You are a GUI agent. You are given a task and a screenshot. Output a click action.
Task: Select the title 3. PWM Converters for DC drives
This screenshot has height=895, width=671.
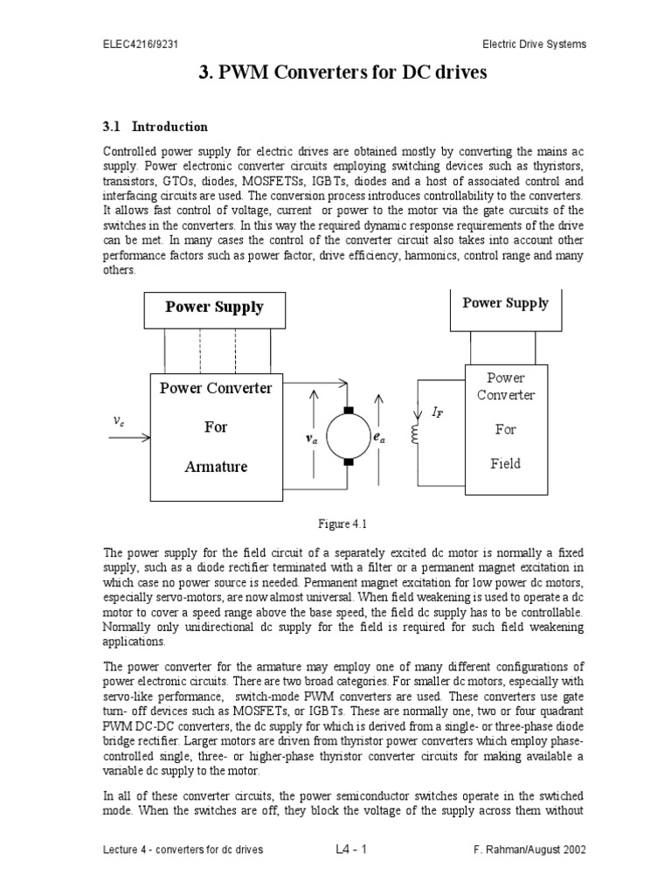tap(343, 73)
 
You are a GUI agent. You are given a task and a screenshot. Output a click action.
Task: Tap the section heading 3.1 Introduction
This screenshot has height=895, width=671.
tap(156, 127)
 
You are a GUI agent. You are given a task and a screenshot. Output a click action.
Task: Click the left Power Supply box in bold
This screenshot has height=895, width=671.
tap(215, 307)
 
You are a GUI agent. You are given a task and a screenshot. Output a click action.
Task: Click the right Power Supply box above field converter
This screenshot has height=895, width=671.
tap(505, 303)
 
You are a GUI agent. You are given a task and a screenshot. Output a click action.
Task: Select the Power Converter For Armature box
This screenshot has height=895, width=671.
tap(215, 427)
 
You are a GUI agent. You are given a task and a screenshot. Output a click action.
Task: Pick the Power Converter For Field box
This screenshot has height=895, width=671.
tap(505, 420)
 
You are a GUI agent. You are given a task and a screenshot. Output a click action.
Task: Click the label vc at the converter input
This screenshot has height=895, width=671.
tap(119, 420)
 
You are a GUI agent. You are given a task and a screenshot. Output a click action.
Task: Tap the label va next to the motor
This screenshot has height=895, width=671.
tap(311, 440)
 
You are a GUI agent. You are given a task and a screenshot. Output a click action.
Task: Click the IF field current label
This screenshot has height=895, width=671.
tap(438, 412)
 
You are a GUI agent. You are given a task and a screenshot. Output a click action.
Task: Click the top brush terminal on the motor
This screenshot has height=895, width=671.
tap(348, 410)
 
